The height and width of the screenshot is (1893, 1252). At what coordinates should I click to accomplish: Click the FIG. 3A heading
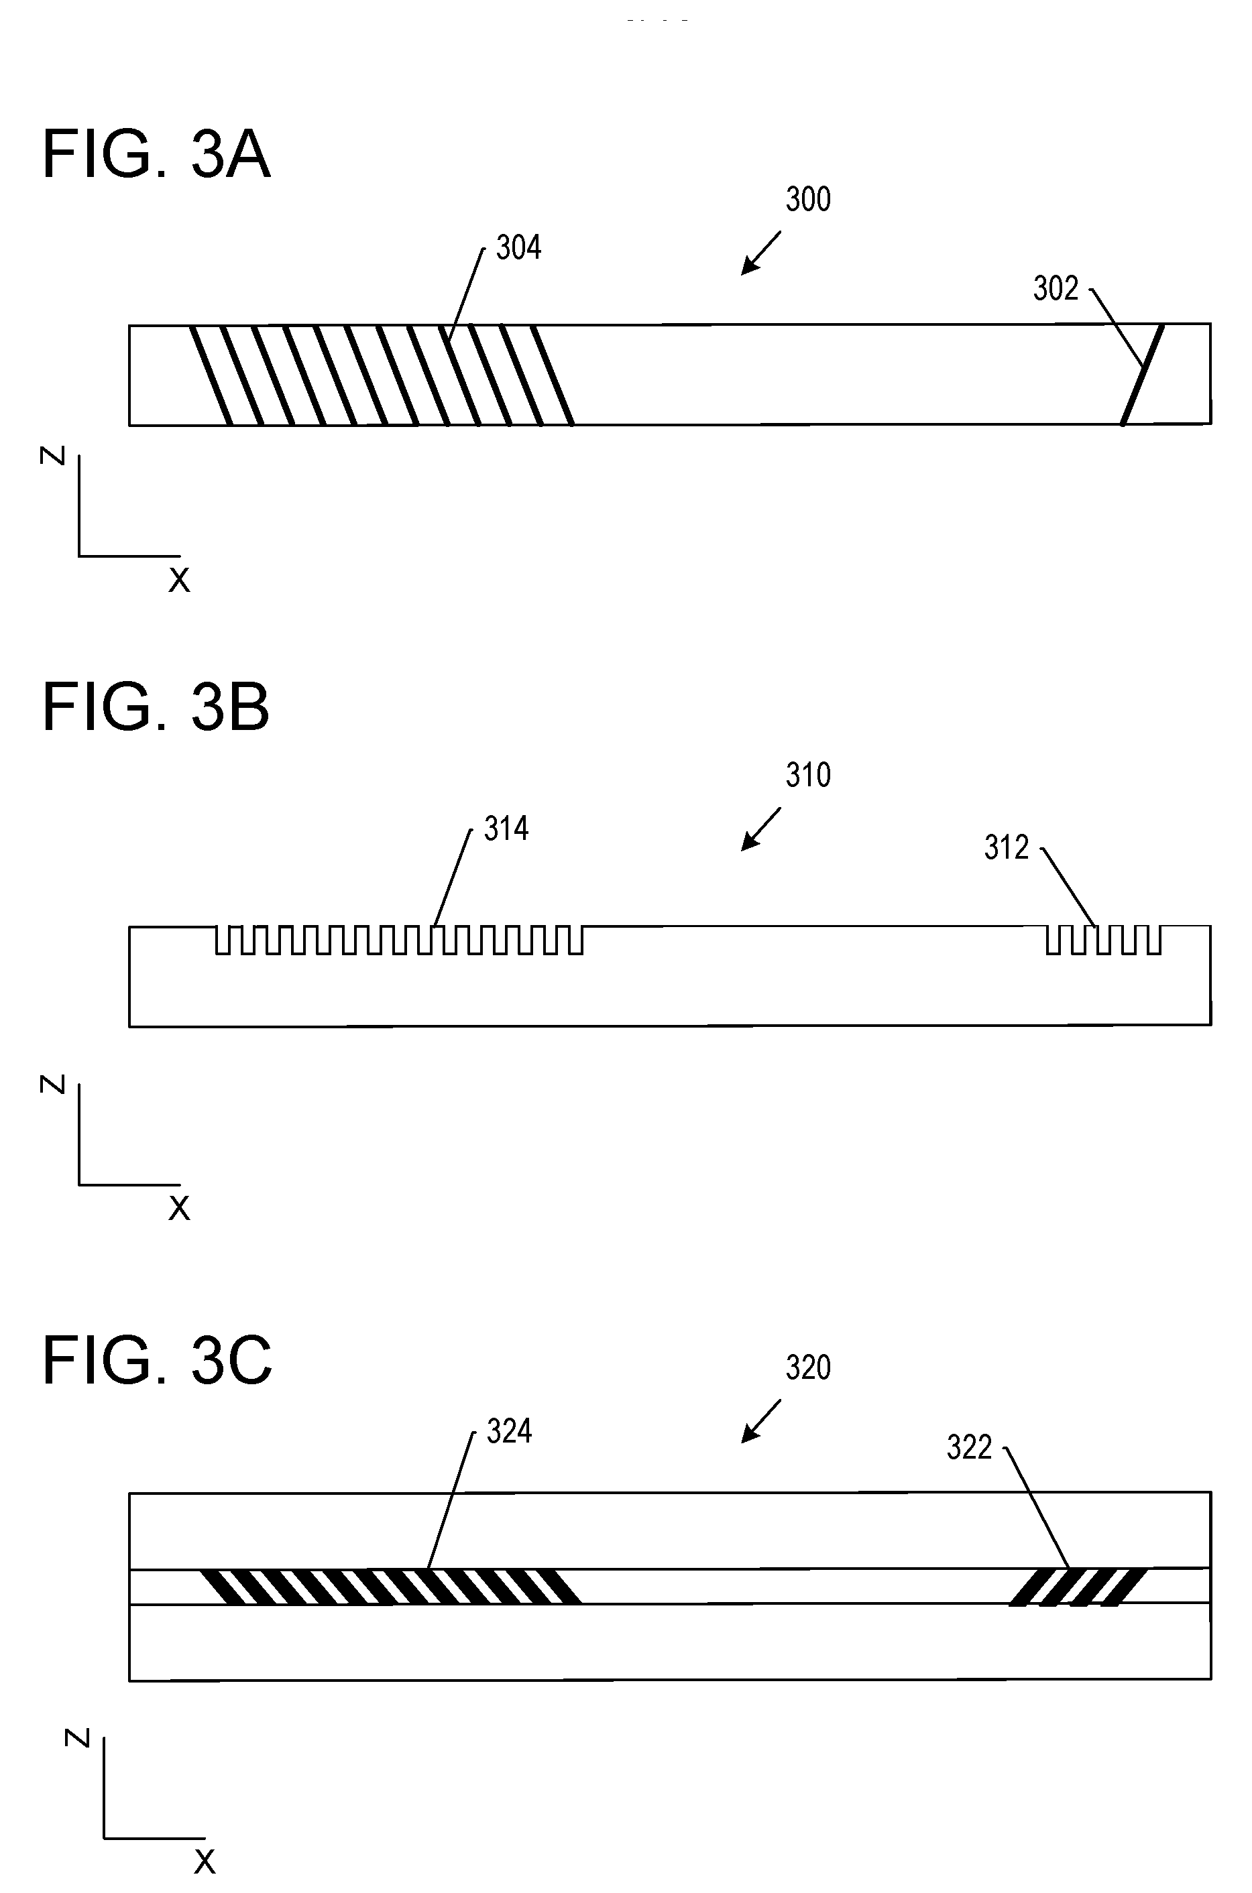click(156, 155)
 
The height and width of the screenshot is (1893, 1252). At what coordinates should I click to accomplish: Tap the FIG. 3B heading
click(156, 707)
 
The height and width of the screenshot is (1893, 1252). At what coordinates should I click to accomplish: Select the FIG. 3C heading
click(158, 1361)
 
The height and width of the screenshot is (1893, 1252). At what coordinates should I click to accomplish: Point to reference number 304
click(519, 248)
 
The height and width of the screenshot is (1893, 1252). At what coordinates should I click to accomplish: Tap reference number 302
click(1056, 289)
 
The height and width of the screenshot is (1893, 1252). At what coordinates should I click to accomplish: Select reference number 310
click(808, 776)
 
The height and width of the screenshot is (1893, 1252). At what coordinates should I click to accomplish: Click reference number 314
click(506, 829)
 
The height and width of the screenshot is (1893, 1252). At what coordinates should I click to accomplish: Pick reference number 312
click(1007, 847)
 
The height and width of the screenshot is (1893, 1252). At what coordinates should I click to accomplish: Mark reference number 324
click(510, 1432)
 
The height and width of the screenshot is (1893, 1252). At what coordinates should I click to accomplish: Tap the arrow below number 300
click(761, 253)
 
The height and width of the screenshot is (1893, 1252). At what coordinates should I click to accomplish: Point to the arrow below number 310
click(761, 829)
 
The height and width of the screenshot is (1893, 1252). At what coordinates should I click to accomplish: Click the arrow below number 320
click(761, 1421)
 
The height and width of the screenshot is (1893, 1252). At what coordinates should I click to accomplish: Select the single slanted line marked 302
click(1143, 374)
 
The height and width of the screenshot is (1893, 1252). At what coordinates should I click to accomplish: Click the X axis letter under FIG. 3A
click(180, 581)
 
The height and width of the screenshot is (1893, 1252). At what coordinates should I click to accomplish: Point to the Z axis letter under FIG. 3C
click(77, 1738)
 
